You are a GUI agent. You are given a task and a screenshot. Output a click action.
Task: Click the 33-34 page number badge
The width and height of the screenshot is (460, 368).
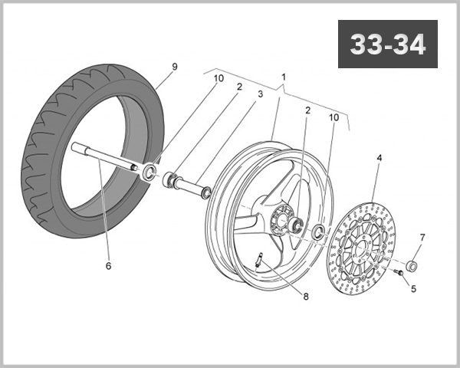pyautogui.click(x=387, y=45)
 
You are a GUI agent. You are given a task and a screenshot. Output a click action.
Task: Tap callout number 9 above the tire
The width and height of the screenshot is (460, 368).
pyautogui.click(x=174, y=67)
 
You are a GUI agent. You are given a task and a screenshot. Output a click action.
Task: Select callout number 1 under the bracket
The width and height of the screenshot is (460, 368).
pyautogui.click(x=284, y=77)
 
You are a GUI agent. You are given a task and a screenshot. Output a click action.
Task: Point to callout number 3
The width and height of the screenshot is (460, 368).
pyautogui.click(x=260, y=94)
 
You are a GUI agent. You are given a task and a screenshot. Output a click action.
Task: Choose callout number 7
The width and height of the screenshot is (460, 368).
pyautogui.click(x=422, y=237)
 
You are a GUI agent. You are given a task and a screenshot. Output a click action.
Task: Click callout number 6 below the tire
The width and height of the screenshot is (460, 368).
pyautogui.click(x=108, y=266)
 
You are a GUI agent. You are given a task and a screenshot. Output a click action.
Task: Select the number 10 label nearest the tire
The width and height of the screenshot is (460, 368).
pyautogui.click(x=219, y=78)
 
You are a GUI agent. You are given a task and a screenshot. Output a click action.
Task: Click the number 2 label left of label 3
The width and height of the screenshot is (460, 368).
pyautogui.click(x=239, y=87)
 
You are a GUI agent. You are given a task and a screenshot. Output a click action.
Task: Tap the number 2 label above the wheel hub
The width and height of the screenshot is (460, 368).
pyautogui.click(x=307, y=110)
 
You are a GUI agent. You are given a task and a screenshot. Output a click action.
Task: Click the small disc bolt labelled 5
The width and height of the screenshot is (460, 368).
pyautogui.click(x=399, y=271)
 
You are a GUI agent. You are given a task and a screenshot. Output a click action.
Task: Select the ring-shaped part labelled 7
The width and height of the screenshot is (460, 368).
pyautogui.click(x=412, y=266)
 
